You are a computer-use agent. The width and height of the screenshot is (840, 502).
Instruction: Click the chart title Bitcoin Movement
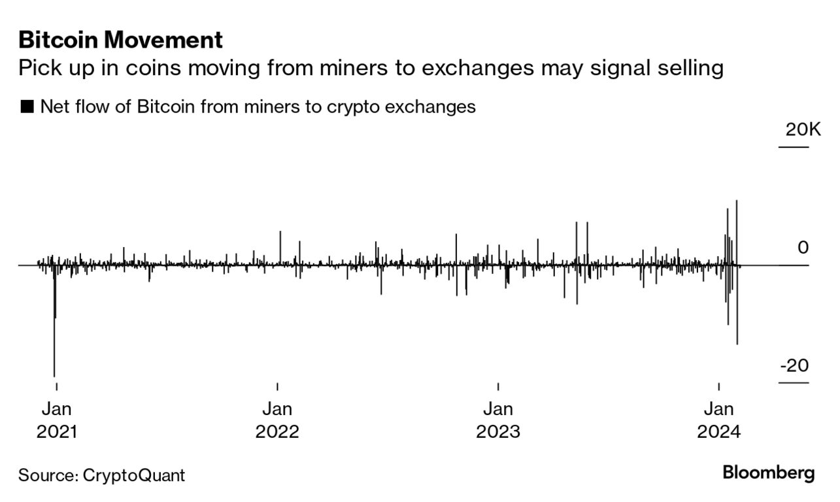(121, 40)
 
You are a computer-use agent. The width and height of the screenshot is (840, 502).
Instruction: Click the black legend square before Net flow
(27, 107)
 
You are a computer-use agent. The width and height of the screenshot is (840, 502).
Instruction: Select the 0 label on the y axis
(803, 248)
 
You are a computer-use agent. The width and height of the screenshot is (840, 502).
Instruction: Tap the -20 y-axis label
(794, 365)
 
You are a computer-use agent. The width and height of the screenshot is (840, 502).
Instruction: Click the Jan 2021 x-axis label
(56, 420)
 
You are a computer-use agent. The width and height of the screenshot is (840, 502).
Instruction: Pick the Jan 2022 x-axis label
(277, 420)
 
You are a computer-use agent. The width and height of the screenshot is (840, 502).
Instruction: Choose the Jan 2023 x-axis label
(498, 420)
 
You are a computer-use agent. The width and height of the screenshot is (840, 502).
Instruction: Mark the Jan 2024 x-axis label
(718, 420)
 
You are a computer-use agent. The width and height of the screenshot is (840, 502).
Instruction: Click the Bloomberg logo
(768, 473)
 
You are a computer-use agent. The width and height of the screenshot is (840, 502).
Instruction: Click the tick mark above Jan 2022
(277, 386)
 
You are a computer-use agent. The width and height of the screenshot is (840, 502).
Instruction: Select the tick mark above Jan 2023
(498, 386)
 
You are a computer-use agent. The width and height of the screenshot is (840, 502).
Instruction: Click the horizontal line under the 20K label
(793, 147)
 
